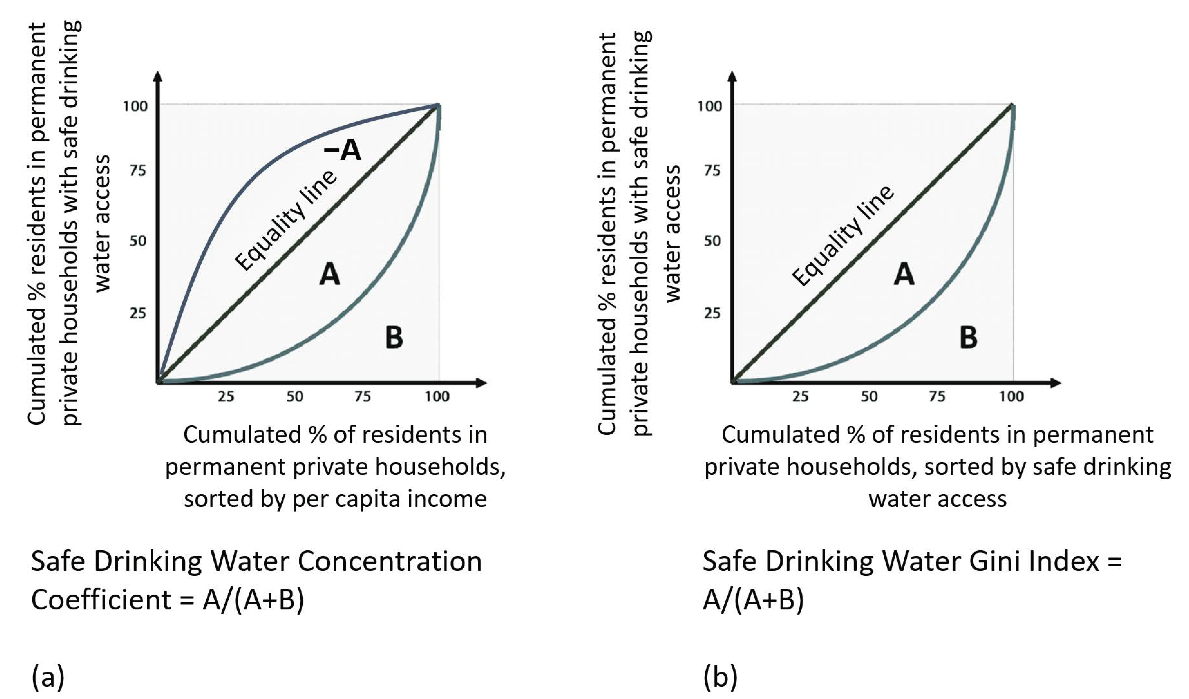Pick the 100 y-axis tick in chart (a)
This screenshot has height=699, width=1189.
click(x=135, y=106)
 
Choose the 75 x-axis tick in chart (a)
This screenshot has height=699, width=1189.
click(x=362, y=396)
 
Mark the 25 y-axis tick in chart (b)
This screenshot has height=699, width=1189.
click(x=712, y=313)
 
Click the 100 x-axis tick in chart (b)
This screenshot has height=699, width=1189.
click(x=1011, y=396)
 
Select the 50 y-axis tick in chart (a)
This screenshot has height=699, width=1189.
click(x=138, y=241)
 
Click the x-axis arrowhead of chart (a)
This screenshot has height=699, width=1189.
click(x=481, y=383)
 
